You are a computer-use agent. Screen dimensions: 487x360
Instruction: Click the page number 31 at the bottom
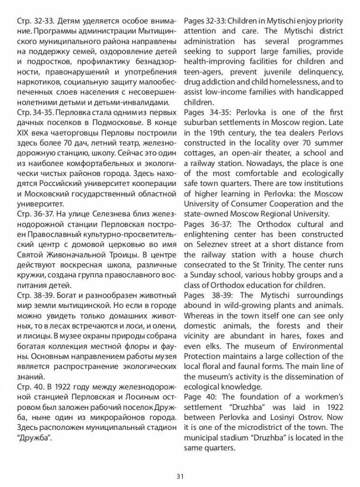pyautogui.click(x=180, y=476)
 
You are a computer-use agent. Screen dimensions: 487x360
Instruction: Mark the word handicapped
pyautogui.click(x=321, y=92)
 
